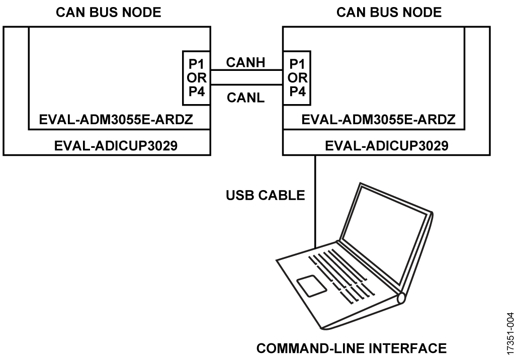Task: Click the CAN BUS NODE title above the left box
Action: coord(109,13)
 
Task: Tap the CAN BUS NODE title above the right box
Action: coord(389,13)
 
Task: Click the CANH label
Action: coord(245,62)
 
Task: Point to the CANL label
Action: coord(245,98)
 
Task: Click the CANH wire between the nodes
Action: coord(246,70)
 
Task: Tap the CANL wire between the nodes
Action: coord(246,85)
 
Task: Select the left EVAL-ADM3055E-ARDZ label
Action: coord(116,120)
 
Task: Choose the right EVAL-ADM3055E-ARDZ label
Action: coord(378,120)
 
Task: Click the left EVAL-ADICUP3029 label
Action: coord(116,145)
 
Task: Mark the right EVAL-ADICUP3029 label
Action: coord(387,145)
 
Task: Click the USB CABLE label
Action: coord(266,195)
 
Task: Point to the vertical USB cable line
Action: coord(315,202)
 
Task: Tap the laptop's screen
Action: coord(385,234)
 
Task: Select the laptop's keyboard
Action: coord(341,276)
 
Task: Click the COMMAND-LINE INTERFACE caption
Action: coord(352,348)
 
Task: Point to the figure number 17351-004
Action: coord(510,333)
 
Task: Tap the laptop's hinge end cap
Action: coord(401,298)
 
